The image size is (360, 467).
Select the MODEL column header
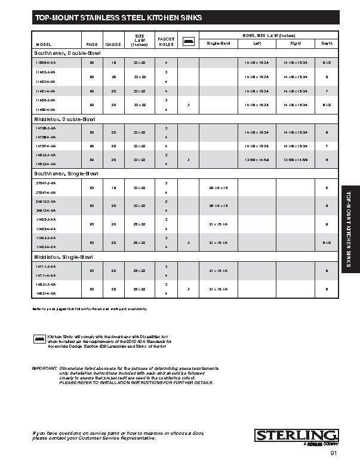(44, 44)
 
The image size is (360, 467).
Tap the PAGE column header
(92, 44)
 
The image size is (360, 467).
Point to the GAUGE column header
(113, 44)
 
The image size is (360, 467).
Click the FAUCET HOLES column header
(166, 41)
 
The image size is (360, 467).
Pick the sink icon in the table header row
(188, 41)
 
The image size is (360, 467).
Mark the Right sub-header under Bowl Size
(295, 44)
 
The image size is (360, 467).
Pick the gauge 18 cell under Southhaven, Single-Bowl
(113, 187)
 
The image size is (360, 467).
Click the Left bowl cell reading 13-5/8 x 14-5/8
(257, 159)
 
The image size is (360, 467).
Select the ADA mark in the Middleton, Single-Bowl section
(188, 289)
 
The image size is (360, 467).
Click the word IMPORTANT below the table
(44, 369)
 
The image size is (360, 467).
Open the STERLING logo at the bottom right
(297, 435)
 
